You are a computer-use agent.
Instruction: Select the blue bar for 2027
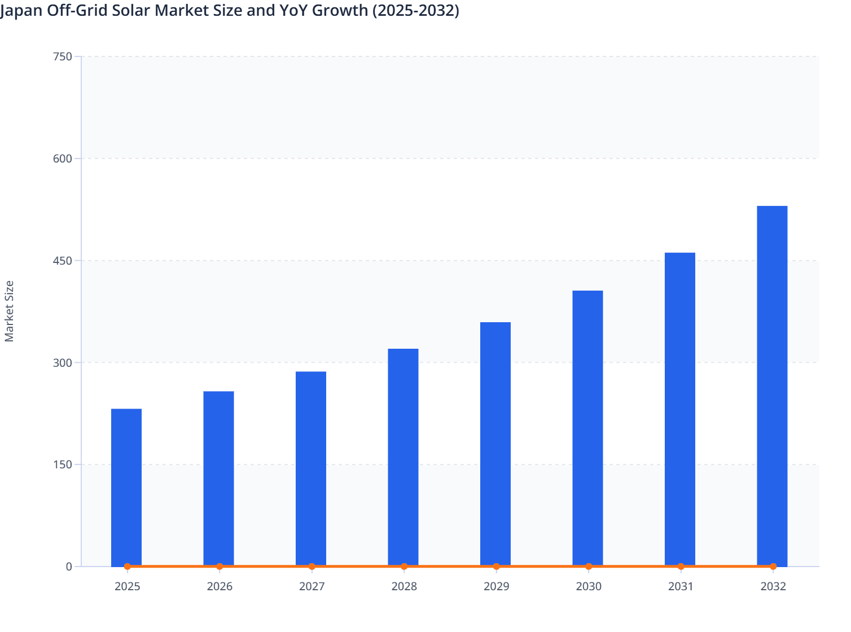point(311,468)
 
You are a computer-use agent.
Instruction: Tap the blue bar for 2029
point(495,444)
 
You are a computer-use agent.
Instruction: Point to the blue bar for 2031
point(680,409)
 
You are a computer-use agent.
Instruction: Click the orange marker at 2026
point(220,567)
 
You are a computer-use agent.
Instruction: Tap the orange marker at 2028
point(404,567)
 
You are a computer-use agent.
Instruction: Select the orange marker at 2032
point(773,567)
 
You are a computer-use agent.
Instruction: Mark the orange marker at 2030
point(589,567)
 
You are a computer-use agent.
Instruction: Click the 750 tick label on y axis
point(62,56)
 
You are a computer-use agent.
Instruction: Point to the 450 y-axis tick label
point(62,261)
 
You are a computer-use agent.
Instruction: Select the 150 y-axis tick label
point(62,465)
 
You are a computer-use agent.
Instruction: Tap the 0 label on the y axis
point(69,567)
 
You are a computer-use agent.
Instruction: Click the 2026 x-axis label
point(220,587)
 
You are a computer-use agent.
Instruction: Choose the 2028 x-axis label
point(404,587)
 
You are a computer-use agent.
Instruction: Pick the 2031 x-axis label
point(681,587)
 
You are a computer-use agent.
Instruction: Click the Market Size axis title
point(10,311)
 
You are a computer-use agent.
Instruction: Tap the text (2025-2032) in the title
point(415,10)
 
